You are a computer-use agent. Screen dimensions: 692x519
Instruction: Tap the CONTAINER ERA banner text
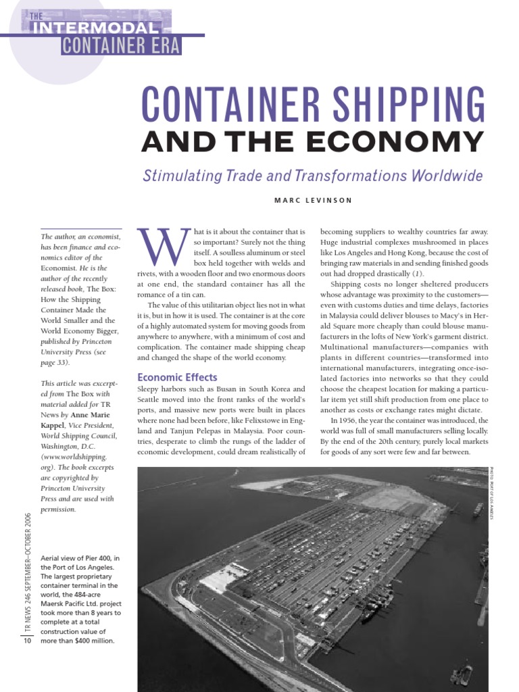click(122, 45)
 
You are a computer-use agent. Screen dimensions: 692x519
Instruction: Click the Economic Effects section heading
click(178, 377)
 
